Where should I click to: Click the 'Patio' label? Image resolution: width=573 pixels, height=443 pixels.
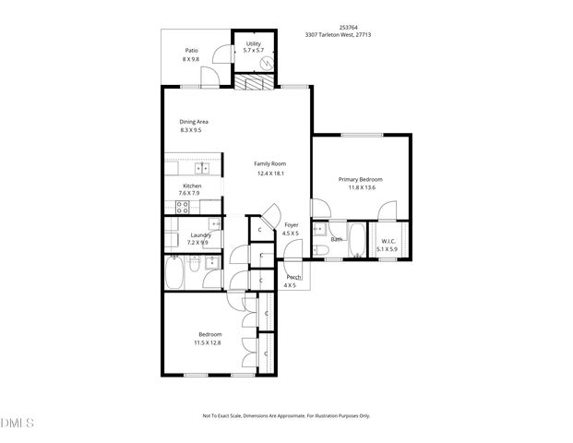point(191,51)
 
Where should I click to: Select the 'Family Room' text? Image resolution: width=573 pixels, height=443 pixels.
point(269,164)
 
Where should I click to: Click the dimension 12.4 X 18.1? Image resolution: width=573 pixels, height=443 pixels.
point(269,174)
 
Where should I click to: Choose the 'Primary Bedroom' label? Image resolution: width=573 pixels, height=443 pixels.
point(360,179)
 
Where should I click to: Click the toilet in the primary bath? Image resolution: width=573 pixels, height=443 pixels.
point(319,246)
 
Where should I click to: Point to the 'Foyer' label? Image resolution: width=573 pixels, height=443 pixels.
point(292,224)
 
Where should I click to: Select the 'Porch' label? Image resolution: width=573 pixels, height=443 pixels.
point(293,277)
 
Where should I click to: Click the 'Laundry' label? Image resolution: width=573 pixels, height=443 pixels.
point(201,234)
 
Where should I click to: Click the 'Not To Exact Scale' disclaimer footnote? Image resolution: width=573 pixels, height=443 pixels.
point(286,415)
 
